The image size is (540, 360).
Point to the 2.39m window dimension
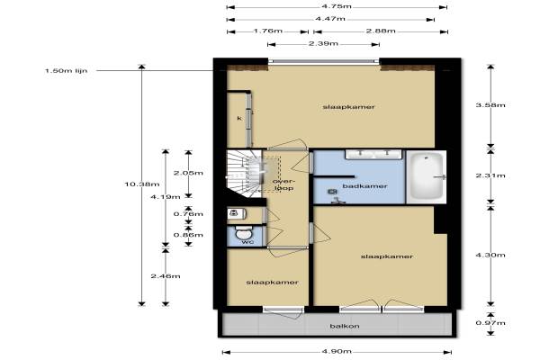coord(323,44)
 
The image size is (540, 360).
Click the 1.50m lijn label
coord(66,71)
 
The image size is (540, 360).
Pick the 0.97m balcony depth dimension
coord(490,323)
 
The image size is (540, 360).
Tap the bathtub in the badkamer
coord(427,176)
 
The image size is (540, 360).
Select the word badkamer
coord(364,186)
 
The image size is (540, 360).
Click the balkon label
coord(345,326)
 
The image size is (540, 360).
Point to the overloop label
coord(283,184)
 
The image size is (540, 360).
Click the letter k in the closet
coord(239,119)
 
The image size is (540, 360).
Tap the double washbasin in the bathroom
coord(373,154)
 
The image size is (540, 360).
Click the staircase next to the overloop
coord(245,174)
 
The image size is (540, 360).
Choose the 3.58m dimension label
coord(490,105)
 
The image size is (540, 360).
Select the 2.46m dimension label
coord(166,276)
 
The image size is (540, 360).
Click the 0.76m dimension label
coord(188,214)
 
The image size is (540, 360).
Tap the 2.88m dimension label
coord(381,31)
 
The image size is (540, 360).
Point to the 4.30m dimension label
coord(490,256)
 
